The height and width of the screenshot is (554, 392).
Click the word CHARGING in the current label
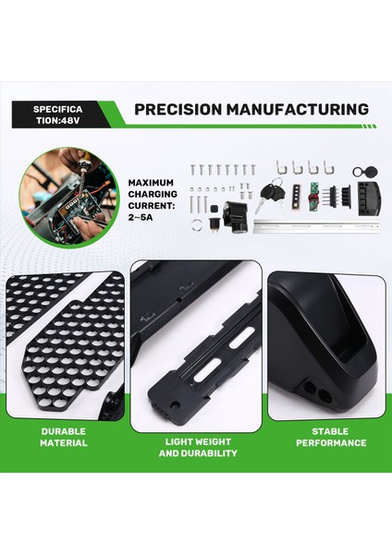click(x=158, y=196)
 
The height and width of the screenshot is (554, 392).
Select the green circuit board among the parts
click(x=313, y=198)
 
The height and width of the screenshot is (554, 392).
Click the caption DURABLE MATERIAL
click(x=64, y=437)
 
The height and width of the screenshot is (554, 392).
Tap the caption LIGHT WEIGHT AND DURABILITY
click(x=197, y=448)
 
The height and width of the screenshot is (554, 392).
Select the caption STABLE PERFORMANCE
click(x=329, y=437)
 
